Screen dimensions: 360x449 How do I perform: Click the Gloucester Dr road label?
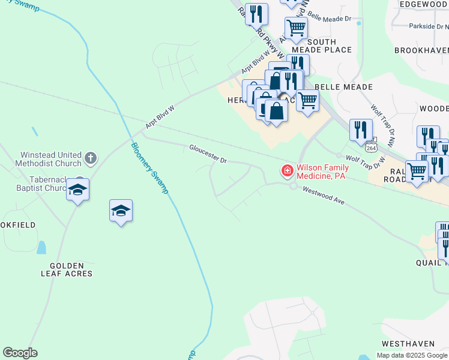click(208, 154)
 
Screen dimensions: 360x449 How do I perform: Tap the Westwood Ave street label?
click(323, 196)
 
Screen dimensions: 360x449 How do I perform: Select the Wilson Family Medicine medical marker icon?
click(287, 171)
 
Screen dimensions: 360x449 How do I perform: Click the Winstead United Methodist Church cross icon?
click(90, 158)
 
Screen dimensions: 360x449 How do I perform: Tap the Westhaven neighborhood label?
click(408, 344)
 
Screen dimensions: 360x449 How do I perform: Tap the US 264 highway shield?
click(371, 147)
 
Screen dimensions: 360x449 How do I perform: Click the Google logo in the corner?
click(20, 353)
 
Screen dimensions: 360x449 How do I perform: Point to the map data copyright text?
click(412, 355)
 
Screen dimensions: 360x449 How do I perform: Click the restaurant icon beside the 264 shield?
click(361, 129)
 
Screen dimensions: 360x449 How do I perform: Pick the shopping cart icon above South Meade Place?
click(296, 27)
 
